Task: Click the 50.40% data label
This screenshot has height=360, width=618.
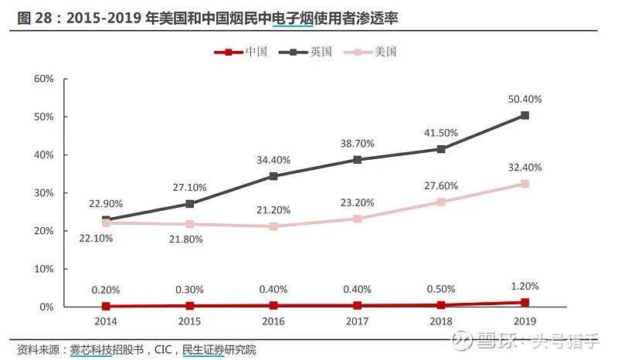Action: pyautogui.click(x=525, y=99)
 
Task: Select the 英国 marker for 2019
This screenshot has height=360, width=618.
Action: pyautogui.click(x=525, y=115)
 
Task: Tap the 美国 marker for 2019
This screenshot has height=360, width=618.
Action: pyautogui.click(x=525, y=184)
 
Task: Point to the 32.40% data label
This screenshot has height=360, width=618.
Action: pyautogui.click(x=525, y=168)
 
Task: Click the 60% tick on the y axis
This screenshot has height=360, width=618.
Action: pyautogui.click(x=43, y=79)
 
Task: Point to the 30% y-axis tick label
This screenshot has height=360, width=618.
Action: pyautogui.click(x=43, y=193)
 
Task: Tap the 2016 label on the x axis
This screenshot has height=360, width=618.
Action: pyautogui.click(x=273, y=319)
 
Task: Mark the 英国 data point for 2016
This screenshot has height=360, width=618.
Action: pyautogui.click(x=273, y=176)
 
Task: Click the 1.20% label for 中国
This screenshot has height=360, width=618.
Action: pyautogui.click(x=525, y=286)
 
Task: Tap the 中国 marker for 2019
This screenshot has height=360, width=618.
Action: pyautogui.click(x=525, y=303)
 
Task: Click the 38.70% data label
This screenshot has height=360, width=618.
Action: pyautogui.click(x=357, y=144)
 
